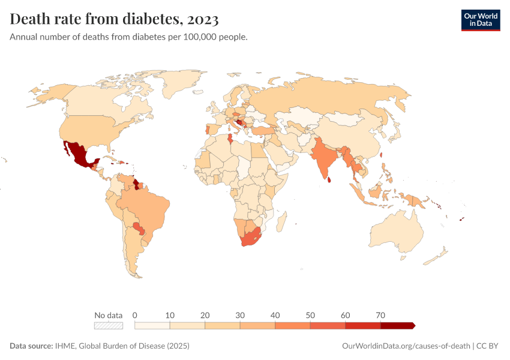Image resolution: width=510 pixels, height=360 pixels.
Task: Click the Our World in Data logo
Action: tap(480, 20)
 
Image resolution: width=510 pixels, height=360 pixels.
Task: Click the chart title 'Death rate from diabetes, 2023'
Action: tap(114, 19)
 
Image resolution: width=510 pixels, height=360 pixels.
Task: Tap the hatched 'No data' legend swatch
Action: tap(109, 325)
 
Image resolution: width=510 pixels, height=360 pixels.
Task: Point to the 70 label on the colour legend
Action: tap(380, 315)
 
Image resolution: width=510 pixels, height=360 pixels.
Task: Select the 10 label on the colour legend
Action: tap(170, 315)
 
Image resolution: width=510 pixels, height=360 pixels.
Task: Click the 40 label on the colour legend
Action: tap(275, 315)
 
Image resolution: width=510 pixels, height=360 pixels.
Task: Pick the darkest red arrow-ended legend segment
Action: tap(397, 325)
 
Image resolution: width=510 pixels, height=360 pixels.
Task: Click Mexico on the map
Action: tap(77, 154)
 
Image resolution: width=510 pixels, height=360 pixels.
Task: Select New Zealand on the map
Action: tap(438, 256)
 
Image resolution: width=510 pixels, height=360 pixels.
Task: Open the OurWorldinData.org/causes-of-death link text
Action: tap(405, 346)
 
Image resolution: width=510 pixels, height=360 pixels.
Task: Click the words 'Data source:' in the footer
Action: tap(31, 346)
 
